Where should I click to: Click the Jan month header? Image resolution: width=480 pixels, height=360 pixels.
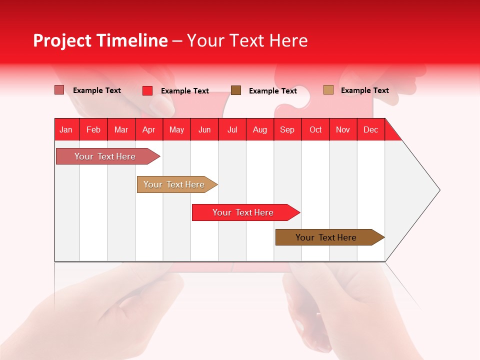(66, 129)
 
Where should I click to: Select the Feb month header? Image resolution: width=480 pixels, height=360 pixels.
(93, 129)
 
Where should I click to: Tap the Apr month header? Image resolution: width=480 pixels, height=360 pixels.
(149, 129)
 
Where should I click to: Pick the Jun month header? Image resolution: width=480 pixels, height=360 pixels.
(204, 129)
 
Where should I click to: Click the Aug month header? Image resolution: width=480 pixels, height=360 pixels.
(260, 129)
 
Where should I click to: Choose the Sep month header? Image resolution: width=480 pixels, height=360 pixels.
(287, 129)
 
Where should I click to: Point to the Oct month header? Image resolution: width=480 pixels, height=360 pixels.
(315, 129)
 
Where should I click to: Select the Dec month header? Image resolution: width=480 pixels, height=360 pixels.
(371, 129)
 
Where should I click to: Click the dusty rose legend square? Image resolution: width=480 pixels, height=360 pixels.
(59, 90)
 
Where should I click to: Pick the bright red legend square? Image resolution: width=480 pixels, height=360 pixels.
(147, 90)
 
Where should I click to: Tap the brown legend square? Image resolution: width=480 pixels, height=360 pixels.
(236, 90)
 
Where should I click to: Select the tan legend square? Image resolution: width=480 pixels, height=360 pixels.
(328, 90)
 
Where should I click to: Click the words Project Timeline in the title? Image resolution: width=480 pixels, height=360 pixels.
(100, 40)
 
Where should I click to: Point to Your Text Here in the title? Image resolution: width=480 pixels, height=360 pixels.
(247, 40)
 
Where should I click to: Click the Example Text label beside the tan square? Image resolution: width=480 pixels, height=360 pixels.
(364, 90)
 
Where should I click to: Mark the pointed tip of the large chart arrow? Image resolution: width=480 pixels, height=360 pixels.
(439, 190)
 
